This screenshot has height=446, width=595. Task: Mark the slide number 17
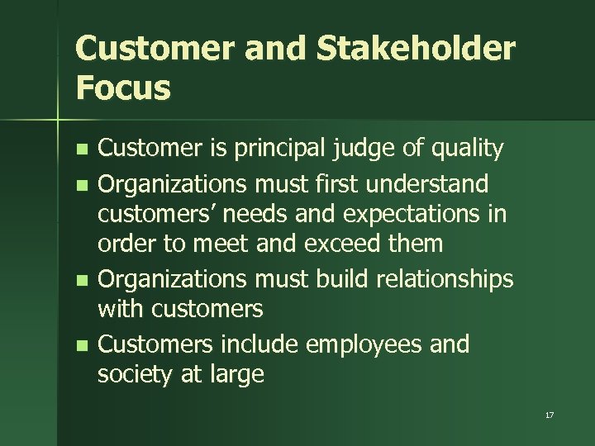point(550,415)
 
